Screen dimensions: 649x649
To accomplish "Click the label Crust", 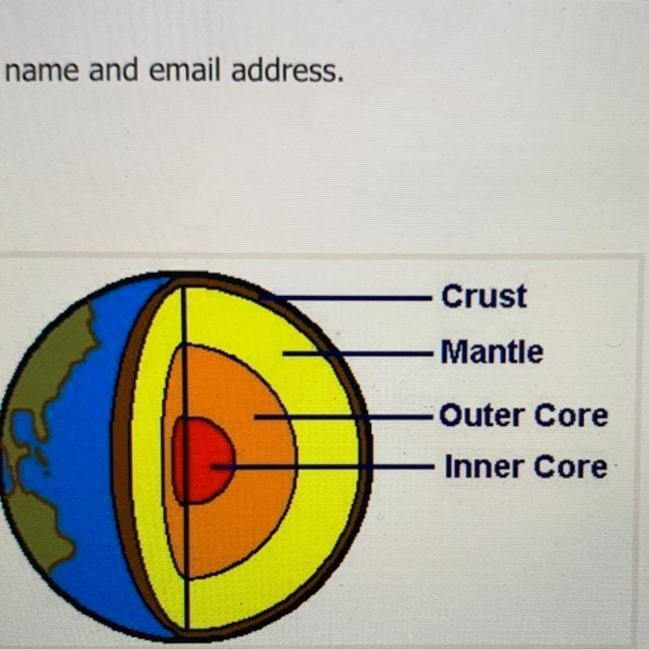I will click(484, 296).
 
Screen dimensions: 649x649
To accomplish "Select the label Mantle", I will click(491, 352).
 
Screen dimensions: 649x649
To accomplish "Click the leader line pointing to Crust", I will click(353, 298).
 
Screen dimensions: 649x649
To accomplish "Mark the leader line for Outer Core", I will click(353, 416).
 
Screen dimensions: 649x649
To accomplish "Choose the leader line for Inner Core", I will click(329, 467).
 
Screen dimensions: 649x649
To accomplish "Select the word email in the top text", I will click(187, 71).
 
